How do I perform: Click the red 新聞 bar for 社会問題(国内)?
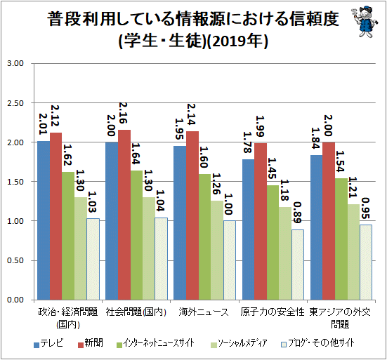click(124, 215)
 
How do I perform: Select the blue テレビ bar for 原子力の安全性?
click(248, 229)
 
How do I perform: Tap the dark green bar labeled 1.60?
click(204, 237)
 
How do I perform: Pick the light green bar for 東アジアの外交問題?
click(353, 252)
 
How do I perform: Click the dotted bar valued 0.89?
click(298, 265)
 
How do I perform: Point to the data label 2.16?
click(123, 113)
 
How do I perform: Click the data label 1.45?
click(272, 168)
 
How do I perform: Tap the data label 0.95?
click(365, 208)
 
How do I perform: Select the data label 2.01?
click(43, 124)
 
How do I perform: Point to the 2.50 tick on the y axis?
click(15, 103)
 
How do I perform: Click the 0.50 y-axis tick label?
click(15, 260)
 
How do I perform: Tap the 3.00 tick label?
click(15, 63)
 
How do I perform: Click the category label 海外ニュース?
click(204, 312)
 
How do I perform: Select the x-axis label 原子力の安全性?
click(273, 312)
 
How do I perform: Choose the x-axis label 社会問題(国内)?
click(136, 312)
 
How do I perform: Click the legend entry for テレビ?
click(48, 343)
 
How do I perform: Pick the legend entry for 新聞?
click(91, 343)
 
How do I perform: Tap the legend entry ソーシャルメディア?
click(240, 343)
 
